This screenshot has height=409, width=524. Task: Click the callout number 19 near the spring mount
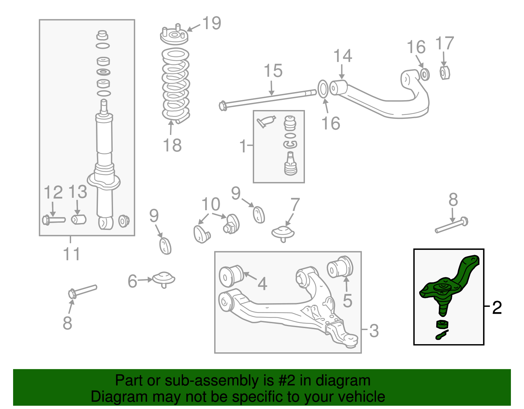point(212,23)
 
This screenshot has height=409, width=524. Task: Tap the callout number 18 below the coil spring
point(172,145)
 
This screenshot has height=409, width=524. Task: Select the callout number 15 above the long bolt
point(273,71)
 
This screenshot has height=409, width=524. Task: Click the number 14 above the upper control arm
point(343,56)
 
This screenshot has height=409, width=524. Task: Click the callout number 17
point(444,44)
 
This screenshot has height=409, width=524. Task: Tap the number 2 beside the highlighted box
point(497,308)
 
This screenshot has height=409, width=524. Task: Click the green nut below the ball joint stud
point(442,324)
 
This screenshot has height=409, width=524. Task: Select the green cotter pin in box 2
point(441,335)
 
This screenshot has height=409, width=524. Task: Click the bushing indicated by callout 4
point(231,276)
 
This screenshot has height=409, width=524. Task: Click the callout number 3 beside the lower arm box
point(374,331)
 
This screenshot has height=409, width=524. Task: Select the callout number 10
point(211,204)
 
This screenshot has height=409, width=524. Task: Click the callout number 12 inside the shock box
point(53,193)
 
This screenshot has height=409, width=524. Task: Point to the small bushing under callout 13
point(79,219)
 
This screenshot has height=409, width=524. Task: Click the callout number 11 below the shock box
point(71,254)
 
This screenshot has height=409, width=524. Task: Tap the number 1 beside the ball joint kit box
point(243,146)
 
